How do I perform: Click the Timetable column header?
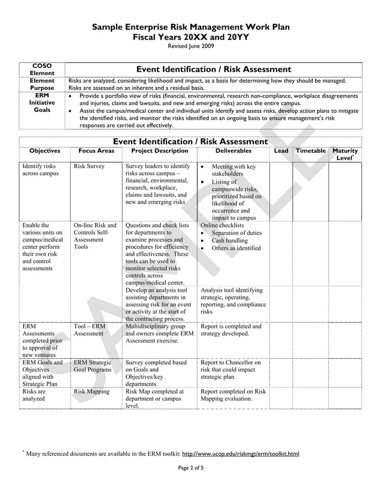click(x=310, y=151)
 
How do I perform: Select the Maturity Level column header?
click(x=345, y=154)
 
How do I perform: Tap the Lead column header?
click(x=281, y=151)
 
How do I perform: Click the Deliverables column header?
click(x=233, y=151)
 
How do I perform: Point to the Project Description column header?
click(x=159, y=151)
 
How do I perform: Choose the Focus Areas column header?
click(x=96, y=151)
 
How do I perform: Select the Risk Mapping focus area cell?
click(x=92, y=392)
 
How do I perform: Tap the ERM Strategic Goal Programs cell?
click(x=93, y=366)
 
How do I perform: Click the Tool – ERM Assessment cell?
click(x=90, y=330)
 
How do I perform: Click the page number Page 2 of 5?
click(x=190, y=468)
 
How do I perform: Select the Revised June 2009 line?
click(x=190, y=46)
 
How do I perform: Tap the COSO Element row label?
click(x=42, y=69)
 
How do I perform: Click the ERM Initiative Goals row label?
click(x=42, y=103)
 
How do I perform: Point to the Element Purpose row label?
click(x=42, y=84)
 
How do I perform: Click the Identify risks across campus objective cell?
click(x=38, y=170)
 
